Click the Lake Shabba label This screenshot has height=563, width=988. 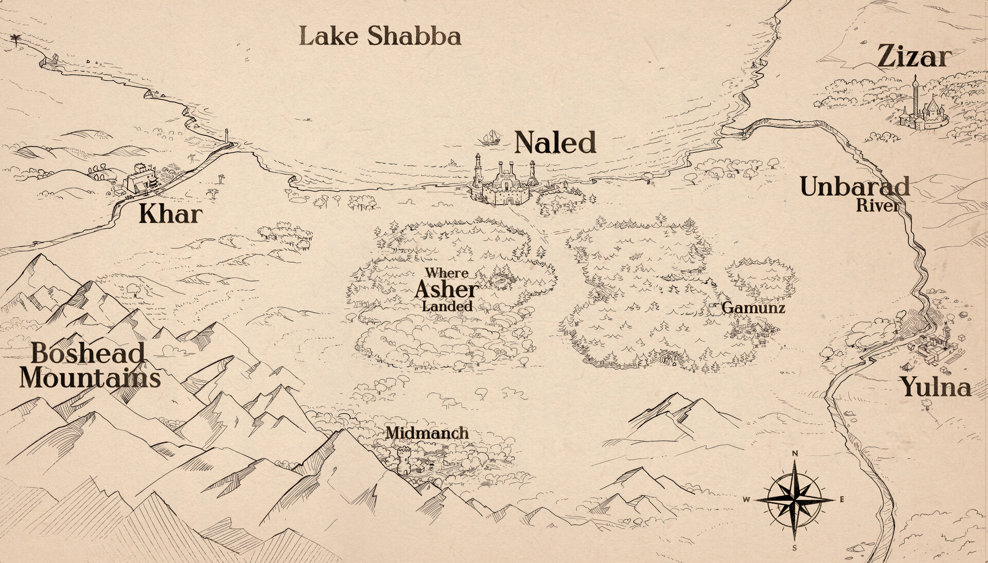coord(380,37)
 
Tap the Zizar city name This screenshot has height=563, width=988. coord(914,57)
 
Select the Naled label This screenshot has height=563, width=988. coord(555,142)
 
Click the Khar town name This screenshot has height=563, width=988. coord(170,214)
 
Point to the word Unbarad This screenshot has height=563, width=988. coord(855,187)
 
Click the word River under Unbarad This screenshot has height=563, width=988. coord(877,206)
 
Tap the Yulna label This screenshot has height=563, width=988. coord(936,387)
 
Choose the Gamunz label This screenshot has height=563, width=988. coord(753,308)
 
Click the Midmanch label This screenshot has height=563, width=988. coord(427,433)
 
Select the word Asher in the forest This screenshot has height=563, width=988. coord(447,289)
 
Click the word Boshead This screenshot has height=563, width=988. coord(88,353)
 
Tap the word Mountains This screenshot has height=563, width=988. coord(90,378)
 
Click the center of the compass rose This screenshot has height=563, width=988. coord(795,499)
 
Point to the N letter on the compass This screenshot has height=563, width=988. coord(795,453)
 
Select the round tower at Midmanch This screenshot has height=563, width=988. coord(404,460)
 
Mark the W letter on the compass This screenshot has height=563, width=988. coord(746,499)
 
